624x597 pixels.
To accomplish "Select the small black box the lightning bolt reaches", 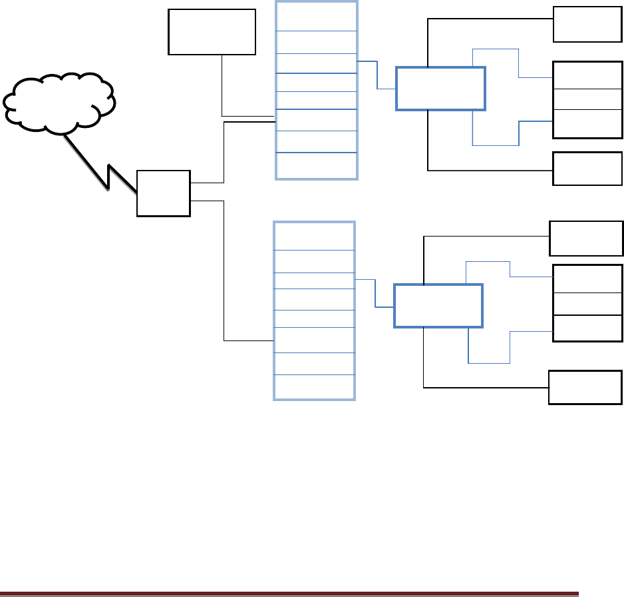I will point(163,193).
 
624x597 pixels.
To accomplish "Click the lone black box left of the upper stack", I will point(212,31).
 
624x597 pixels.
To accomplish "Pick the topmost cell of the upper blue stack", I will point(316,16).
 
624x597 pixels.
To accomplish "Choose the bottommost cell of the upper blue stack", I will point(316,166).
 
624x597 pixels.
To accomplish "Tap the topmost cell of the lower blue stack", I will point(314,236).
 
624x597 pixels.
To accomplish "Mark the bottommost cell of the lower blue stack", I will point(314,387).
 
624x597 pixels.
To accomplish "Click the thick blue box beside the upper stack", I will point(440,88).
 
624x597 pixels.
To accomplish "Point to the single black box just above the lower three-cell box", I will point(586,239).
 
